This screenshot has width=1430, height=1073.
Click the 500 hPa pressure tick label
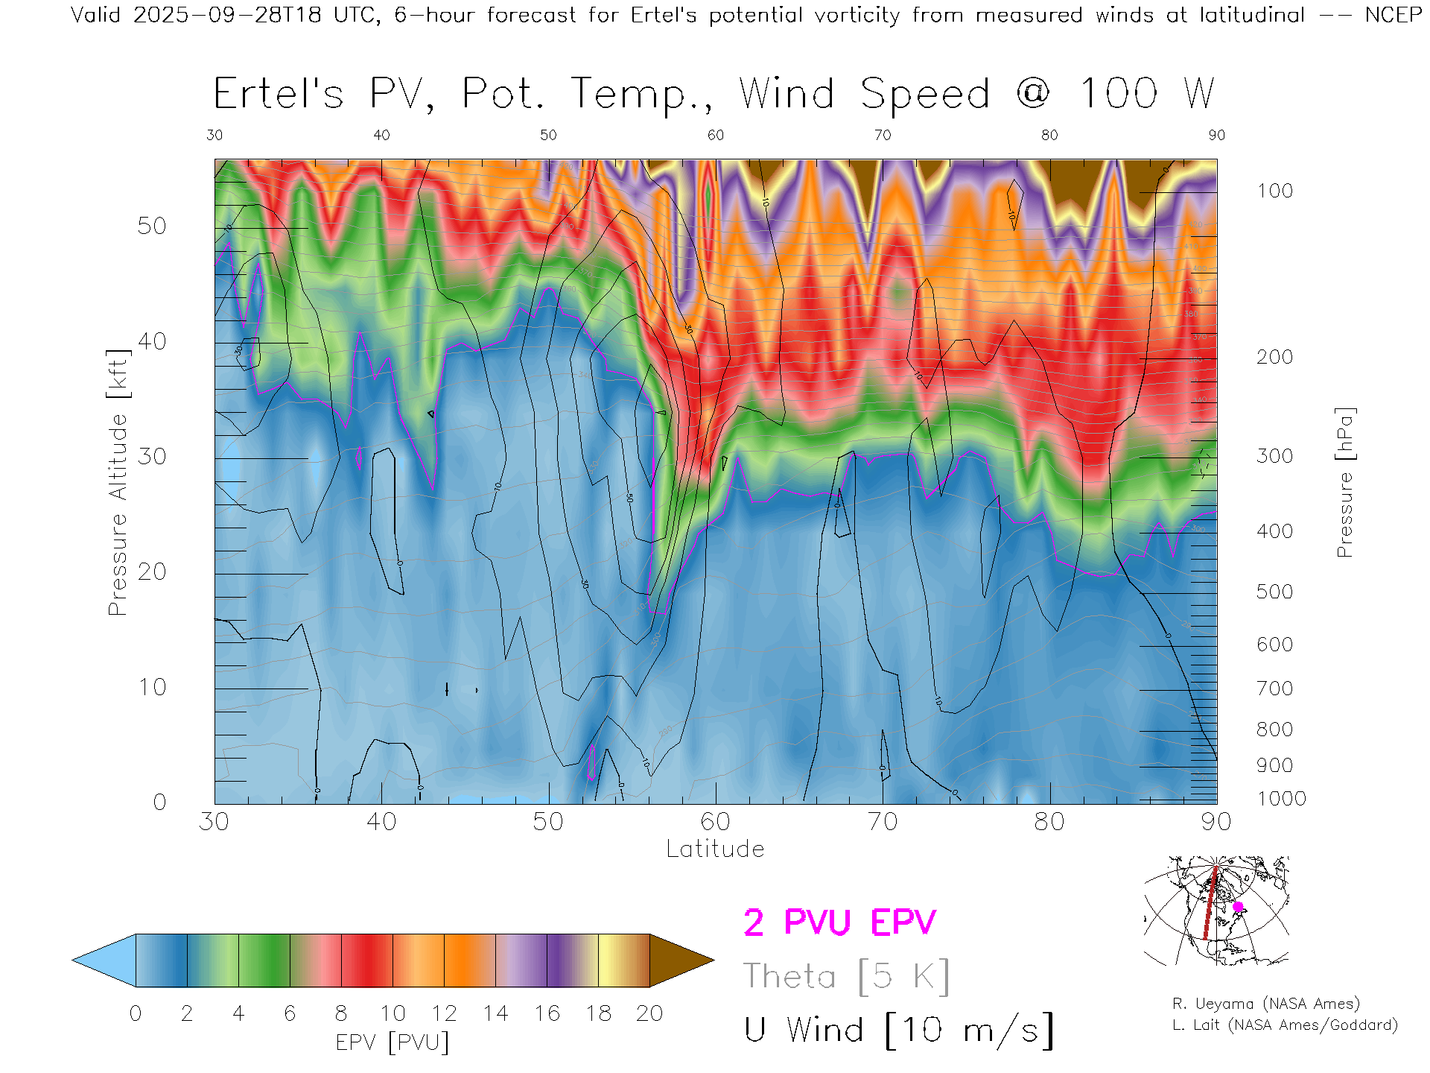pyautogui.click(x=1274, y=592)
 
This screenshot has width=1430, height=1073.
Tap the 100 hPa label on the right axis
pyautogui.click(x=1274, y=191)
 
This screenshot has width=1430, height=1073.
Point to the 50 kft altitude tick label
pyautogui.click(x=151, y=226)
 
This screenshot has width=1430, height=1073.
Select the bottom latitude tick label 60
pyautogui.click(x=715, y=822)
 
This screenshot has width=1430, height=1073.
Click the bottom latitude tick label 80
pyautogui.click(x=1049, y=822)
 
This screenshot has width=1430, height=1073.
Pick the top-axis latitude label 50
pyautogui.click(x=548, y=135)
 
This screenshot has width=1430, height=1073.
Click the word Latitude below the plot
pyautogui.click(x=715, y=849)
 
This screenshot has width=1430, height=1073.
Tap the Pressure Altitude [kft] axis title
pyautogui.click(x=118, y=482)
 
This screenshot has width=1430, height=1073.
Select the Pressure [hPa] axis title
pyautogui.click(x=1344, y=482)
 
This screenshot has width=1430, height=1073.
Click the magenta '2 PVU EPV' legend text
pyautogui.click(x=839, y=922)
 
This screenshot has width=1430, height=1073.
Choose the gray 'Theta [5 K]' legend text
pyautogui.click(x=846, y=976)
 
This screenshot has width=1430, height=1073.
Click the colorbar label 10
pyautogui.click(x=393, y=1013)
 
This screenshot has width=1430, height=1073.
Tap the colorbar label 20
pyautogui.click(x=649, y=1013)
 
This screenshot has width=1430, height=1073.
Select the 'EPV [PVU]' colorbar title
pyautogui.click(x=393, y=1042)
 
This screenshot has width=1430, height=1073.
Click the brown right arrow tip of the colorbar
pyautogui.click(x=681, y=960)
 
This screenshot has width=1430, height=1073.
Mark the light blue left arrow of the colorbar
pyautogui.click(x=104, y=960)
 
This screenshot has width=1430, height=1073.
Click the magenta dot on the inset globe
pyautogui.click(x=1238, y=907)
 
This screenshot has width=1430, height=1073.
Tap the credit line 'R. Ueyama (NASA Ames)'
pyautogui.click(x=1266, y=1004)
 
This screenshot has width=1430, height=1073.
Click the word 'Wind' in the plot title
pyautogui.click(x=786, y=94)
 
